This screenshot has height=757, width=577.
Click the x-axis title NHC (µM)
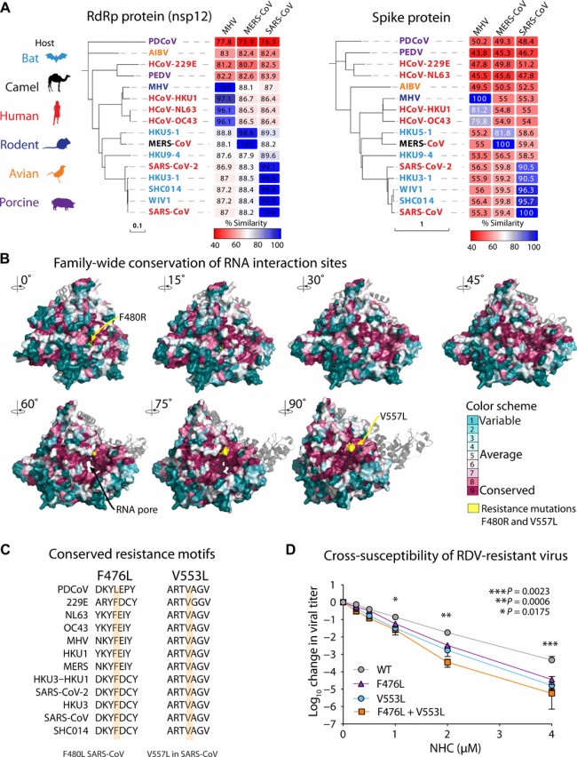pyautogui.click(x=454, y=752)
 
